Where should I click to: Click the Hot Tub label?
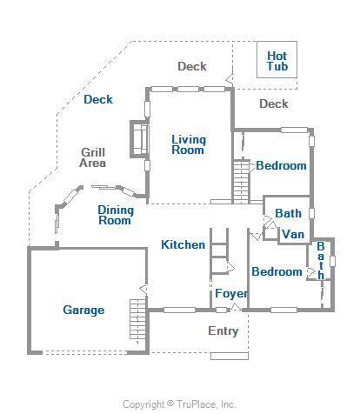point(277,61)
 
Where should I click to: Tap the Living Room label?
point(188,144)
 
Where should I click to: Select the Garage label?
point(83,310)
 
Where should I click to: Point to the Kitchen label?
point(183,245)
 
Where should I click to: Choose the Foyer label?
point(231,294)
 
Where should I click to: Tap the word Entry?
point(223,331)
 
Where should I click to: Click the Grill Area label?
point(93,157)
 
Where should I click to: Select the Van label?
point(293,234)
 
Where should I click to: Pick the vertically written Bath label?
point(320,260)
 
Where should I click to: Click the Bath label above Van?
point(288,213)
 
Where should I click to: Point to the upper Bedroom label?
point(281,165)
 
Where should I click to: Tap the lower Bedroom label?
point(277,272)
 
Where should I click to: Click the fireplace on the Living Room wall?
point(137,139)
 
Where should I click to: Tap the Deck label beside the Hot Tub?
point(274,104)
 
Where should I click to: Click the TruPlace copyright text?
point(179,404)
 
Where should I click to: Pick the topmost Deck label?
point(191,66)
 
